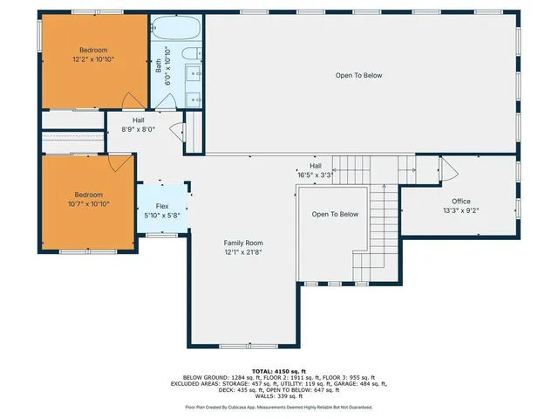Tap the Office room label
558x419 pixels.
click(460, 201)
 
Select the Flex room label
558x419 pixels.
click(162, 206)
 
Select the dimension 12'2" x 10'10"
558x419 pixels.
click(93, 59)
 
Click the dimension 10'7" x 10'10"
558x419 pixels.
click(88, 203)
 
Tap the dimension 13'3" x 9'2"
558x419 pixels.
click(460, 210)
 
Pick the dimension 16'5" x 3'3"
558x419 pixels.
click(316, 174)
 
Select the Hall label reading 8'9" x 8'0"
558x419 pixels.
click(138, 129)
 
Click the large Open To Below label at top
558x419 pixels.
click(358, 76)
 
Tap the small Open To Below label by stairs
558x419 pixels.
click(336, 214)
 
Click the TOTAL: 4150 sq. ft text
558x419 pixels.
click(279, 371)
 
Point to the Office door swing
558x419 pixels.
click(446, 169)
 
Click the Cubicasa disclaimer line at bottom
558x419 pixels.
click(279, 407)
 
